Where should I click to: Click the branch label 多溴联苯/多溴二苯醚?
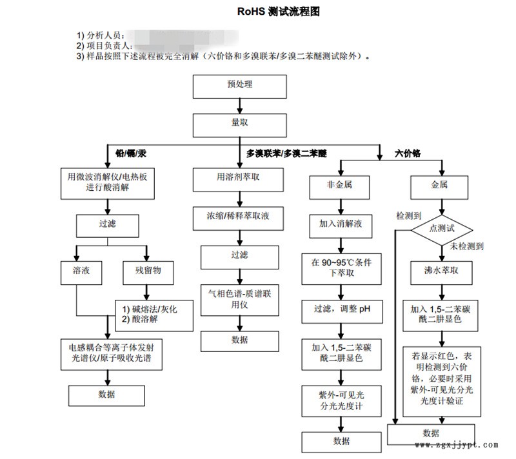coord(286,153)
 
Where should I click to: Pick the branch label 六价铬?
coord(408,153)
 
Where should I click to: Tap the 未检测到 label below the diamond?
coord(466,247)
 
